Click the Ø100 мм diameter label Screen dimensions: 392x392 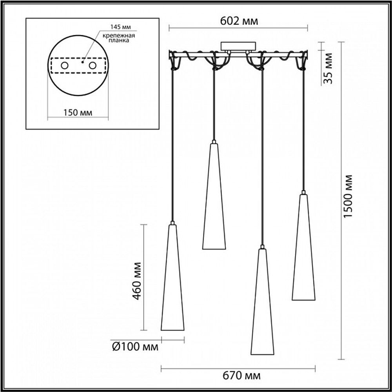click(x=134, y=347)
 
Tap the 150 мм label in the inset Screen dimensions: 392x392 click(x=78, y=113)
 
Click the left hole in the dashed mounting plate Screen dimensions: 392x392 click(x=64, y=65)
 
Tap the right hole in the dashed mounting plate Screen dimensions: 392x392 click(x=93, y=65)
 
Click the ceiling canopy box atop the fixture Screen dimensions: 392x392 click(x=238, y=46)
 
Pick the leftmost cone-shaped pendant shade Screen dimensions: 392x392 click(x=172, y=282)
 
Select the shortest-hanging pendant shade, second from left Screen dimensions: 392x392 click(x=214, y=200)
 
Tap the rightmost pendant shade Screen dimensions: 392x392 click(x=303, y=251)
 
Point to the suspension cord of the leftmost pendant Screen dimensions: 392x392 click(x=172, y=149)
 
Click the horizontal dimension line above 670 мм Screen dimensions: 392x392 click(x=238, y=368)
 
